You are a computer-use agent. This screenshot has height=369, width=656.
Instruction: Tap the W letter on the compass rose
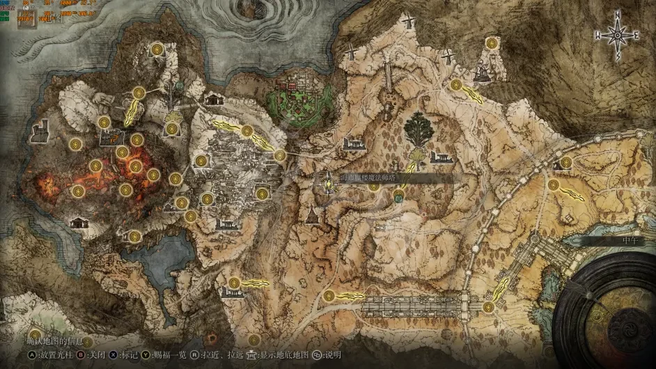point(598,34)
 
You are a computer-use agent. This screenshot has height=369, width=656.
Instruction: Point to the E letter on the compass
point(637,34)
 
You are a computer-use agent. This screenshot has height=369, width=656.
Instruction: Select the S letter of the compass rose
point(618,56)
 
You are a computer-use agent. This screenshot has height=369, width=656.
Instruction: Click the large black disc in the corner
point(613,313)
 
